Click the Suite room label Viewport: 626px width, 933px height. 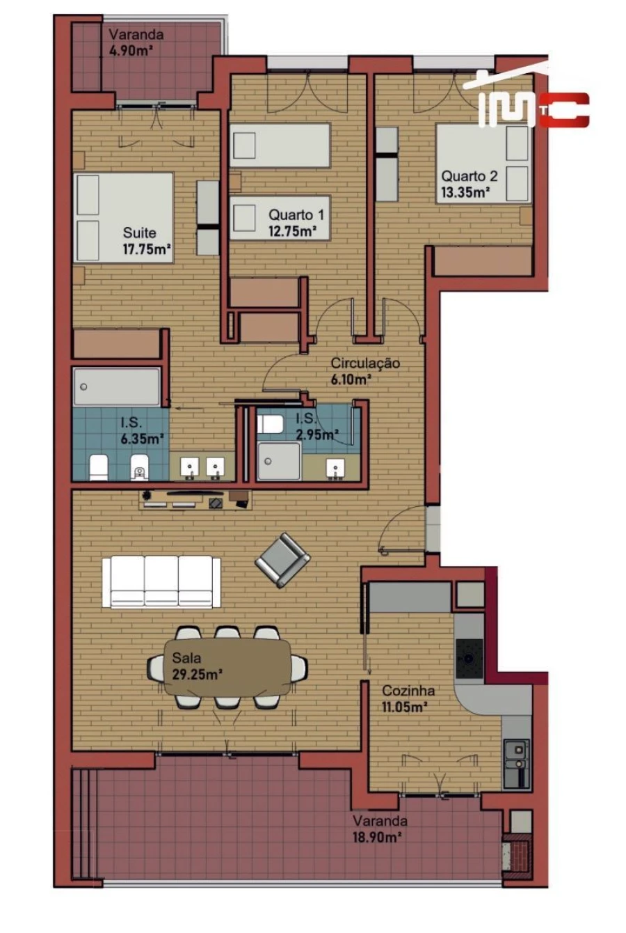click(139, 233)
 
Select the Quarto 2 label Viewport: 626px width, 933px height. click(469, 176)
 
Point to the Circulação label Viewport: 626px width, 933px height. click(365, 363)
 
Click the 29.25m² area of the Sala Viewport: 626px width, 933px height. click(197, 673)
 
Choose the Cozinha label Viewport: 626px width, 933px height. click(408, 691)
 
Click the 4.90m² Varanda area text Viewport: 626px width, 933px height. click(131, 50)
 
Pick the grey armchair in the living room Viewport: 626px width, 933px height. click(282, 559)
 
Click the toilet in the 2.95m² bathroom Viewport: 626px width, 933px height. click(269, 423)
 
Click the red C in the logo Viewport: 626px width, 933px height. click(564, 110)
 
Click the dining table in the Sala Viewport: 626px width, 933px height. click(228, 667)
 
